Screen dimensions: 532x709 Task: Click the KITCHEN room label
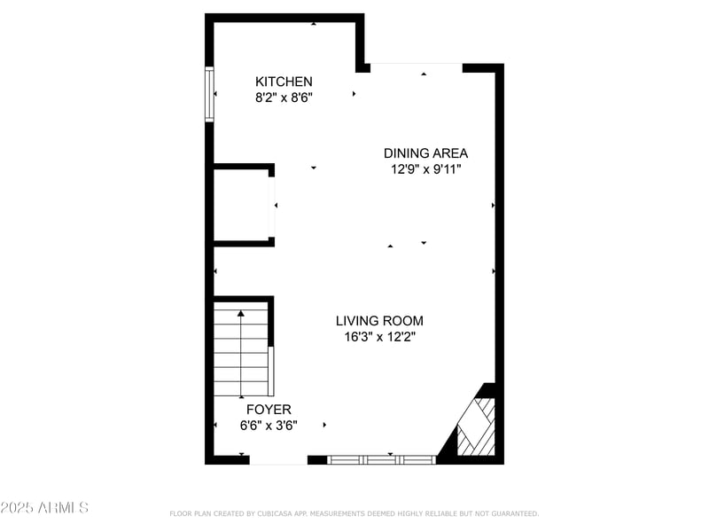(x=284, y=82)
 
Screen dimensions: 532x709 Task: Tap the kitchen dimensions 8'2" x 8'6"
(x=284, y=98)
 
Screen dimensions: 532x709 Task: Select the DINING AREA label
(x=425, y=153)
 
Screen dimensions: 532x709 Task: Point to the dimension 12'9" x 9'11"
(x=425, y=169)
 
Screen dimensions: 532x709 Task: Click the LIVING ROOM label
(x=379, y=321)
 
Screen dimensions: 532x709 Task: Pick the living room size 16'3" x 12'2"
(x=379, y=337)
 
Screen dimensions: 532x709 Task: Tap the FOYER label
(x=269, y=410)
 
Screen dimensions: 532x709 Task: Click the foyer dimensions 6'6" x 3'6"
(x=269, y=426)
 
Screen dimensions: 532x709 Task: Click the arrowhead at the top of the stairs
(x=241, y=312)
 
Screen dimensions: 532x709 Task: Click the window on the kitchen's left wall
(x=210, y=94)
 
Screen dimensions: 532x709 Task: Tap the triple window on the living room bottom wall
(x=382, y=459)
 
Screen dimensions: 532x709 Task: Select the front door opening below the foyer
(x=278, y=460)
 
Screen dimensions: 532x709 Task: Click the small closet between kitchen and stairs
(x=241, y=205)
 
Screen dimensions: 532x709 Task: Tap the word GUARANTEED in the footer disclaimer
(x=511, y=513)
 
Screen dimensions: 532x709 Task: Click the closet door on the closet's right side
(x=272, y=206)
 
